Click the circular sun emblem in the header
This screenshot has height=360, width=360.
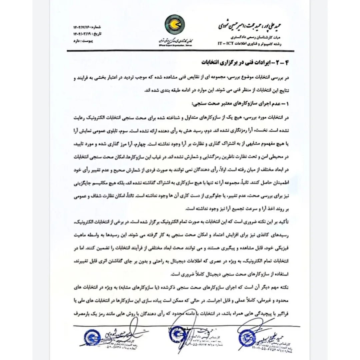tap(175, 25)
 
